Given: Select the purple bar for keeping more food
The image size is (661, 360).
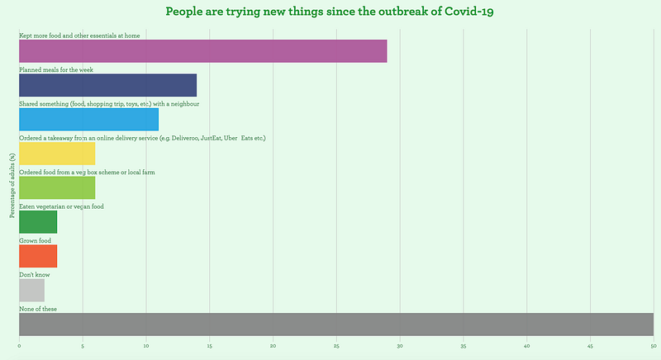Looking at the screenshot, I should coord(202,50).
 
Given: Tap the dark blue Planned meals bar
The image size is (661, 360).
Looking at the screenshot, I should coord(107,85).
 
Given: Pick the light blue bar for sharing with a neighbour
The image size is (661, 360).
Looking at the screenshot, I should coord(88,119).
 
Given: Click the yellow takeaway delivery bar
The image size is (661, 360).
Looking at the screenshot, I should coord(57,153).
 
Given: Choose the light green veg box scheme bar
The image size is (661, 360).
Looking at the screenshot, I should coord(57,187).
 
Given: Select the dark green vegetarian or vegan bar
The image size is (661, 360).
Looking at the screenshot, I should coord(38,221).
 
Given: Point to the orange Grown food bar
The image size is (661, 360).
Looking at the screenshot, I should coord(38,255).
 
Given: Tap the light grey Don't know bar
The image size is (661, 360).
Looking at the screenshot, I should coord(31,290).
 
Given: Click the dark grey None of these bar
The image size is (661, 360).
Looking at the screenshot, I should coord(335,324).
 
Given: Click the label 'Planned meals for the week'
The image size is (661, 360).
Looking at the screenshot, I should coord(56,70).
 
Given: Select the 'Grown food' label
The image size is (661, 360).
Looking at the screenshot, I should coord(35,240).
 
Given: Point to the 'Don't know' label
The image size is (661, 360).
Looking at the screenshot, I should coord(33,275).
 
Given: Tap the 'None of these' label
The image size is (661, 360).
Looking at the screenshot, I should coord(38,309).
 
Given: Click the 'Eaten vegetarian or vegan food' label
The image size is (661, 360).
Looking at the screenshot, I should coord(61,206).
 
